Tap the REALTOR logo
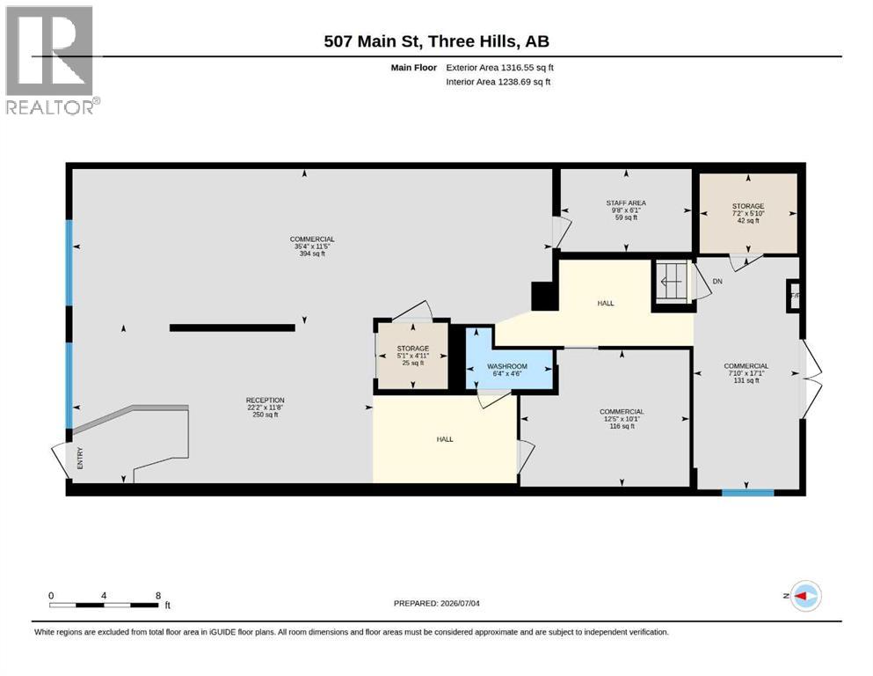coord(52,60)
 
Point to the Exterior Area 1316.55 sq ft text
coord(499,68)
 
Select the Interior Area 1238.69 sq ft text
coord(498,81)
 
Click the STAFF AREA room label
coord(626,203)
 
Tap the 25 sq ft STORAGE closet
coord(412,356)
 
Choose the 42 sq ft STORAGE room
coord(748,213)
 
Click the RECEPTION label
coord(265,400)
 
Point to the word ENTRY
coord(80,458)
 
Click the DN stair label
coord(717,282)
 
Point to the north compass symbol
coord(805,596)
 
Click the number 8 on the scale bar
coord(158,595)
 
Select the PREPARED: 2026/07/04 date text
coord(436,603)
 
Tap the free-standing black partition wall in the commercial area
coord(232,327)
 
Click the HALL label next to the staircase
coord(606,303)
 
